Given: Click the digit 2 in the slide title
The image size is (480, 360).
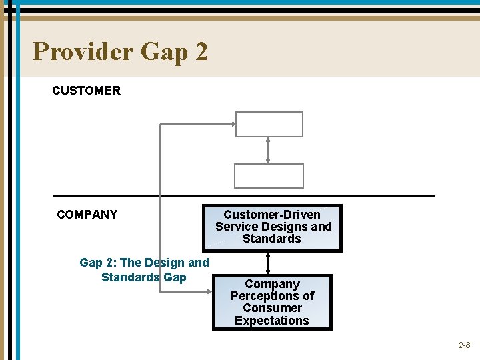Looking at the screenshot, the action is tap(201, 51).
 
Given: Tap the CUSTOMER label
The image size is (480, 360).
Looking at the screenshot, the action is tap(86, 91).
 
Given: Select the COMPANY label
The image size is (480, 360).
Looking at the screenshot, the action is tap(87, 215).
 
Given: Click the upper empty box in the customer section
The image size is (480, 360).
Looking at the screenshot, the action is tap(269, 124).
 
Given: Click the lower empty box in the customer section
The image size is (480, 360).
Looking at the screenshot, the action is tap(269, 176).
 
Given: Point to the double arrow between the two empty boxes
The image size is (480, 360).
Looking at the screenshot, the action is tap(268, 150).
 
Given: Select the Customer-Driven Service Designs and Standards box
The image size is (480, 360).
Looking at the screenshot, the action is tap(273, 227).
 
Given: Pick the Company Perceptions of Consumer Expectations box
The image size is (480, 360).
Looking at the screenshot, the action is tap(271, 302).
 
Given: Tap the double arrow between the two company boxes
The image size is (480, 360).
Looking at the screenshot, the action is tap(268, 263).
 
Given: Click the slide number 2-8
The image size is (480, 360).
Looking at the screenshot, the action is tap(464, 345).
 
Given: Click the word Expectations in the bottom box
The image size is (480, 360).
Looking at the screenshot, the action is tap(271, 321).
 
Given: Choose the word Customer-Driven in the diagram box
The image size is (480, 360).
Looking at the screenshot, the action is tap(271, 215).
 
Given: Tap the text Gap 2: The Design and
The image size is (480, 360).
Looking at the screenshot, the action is tap(144, 263).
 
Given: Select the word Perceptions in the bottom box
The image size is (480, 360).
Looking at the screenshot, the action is tap(272, 296).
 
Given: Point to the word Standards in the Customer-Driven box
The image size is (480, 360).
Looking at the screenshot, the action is tap(272, 239).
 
